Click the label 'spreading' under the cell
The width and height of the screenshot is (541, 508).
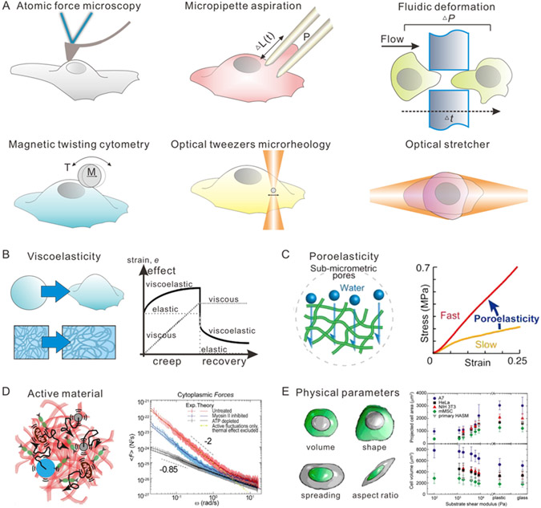tap(287, 501)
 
